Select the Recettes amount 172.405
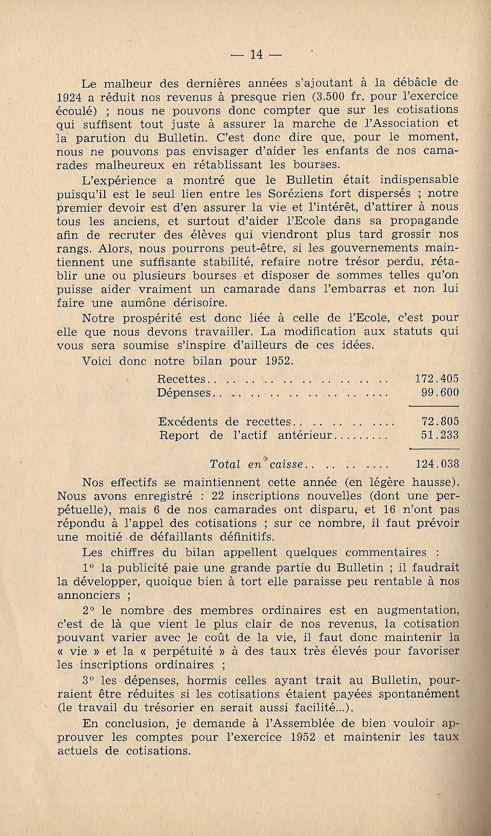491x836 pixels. tap(436, 379)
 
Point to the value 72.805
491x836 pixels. tap(440, 422)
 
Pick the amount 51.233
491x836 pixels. tap(440, 435)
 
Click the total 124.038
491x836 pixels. tap(436, 464)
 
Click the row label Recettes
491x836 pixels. tap(181, 379)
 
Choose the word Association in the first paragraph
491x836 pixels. tap(402, 124)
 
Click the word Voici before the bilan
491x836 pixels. tap(97, 361)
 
